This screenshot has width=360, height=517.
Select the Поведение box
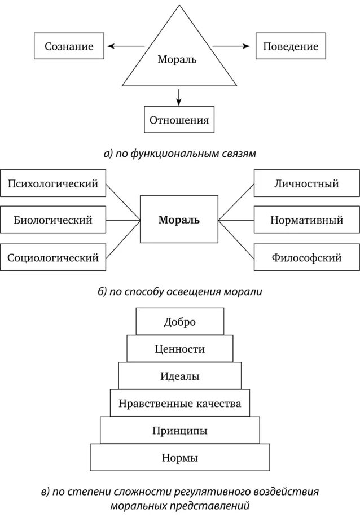290,46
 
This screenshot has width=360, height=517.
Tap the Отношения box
179,120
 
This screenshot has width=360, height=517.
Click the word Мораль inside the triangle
177,59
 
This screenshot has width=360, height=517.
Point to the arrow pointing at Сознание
125,46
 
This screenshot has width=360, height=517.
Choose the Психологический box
53,183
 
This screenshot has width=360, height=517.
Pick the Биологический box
53,220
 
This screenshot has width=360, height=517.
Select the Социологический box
53,258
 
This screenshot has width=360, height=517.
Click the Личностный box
306,183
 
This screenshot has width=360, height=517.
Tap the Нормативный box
306,220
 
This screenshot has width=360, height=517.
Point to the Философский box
306,258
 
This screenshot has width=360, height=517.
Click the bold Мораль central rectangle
179,220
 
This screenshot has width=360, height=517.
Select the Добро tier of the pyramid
179,322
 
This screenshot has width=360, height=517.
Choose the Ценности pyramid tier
179,349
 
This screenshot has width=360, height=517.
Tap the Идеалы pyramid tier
179,376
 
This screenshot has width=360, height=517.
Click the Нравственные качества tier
179,403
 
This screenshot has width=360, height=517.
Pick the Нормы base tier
179,457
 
